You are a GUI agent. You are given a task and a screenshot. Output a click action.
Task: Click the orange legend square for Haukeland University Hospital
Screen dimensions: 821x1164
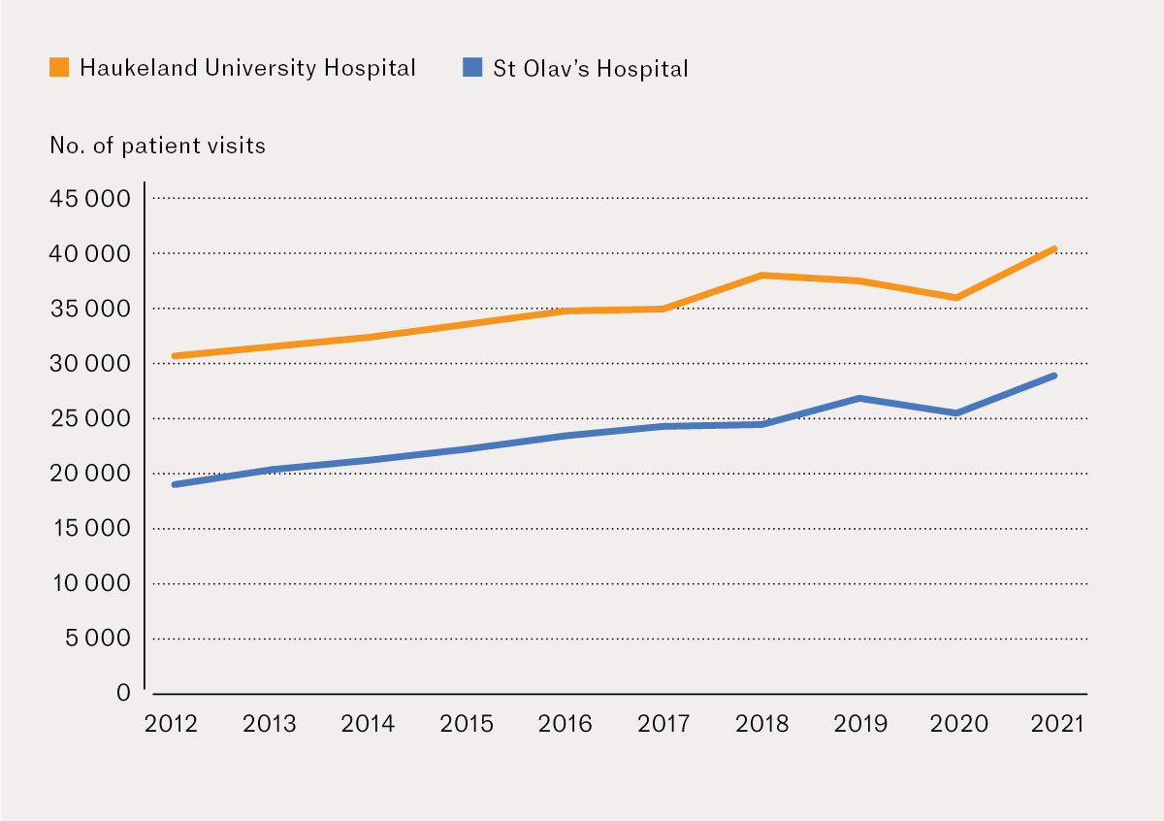59,68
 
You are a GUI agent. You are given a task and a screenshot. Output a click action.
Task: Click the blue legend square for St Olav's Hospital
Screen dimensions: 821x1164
472,68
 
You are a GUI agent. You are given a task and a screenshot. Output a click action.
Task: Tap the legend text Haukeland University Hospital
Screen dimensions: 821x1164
247,68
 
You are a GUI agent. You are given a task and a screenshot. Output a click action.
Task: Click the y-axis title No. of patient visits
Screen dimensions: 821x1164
157,147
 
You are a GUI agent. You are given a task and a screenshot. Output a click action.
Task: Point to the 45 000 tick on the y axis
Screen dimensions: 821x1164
88,199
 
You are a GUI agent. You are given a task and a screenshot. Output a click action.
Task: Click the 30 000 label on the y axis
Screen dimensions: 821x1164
88,364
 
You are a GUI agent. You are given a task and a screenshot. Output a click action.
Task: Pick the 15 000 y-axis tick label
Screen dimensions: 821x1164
88,529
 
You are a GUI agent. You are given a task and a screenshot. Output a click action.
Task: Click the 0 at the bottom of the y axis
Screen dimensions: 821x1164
123,693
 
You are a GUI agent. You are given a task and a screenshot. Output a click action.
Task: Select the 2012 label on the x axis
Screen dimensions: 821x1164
171,725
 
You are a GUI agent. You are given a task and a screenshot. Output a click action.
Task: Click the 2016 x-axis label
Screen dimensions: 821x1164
565,725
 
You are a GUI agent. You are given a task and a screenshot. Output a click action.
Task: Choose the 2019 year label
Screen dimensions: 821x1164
859,725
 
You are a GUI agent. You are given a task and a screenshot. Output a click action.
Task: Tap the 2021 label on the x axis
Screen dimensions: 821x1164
1054,725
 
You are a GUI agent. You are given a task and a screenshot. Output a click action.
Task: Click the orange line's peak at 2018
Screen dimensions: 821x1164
761,276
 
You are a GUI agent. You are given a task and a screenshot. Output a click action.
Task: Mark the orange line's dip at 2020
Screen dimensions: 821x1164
957,298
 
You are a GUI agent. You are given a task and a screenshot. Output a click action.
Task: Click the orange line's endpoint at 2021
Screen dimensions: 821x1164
1054,249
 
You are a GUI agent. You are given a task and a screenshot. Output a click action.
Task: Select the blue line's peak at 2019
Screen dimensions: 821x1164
859,398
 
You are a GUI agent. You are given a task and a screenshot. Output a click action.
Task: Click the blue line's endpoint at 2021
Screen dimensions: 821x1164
1054,376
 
